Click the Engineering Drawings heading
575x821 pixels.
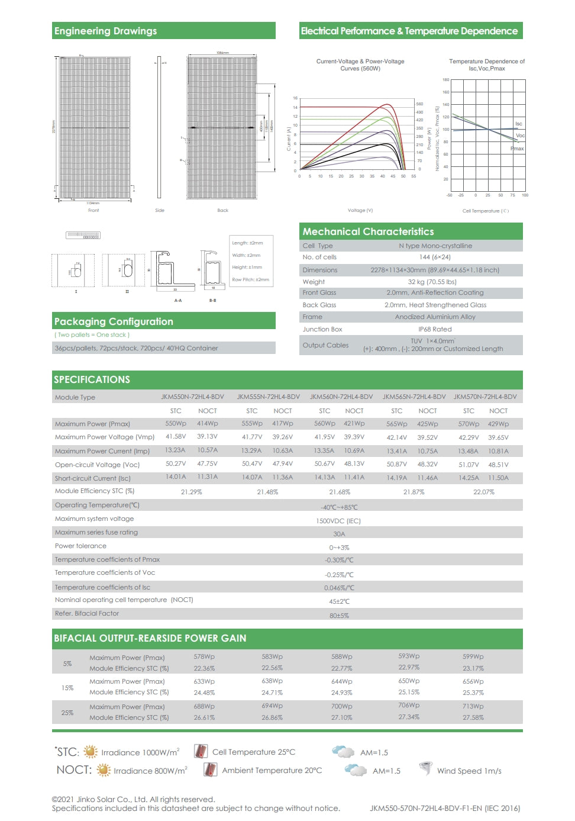click(x=105, y=31)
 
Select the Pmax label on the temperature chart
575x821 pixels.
click(x=517, y=149)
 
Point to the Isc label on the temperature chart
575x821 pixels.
click(x=519, y=124)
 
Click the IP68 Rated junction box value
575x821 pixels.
click(x=435, y=329)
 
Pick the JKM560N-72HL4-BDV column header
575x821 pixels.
click(x=341, y=397)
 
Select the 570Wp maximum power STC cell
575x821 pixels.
click(x=469, y=424)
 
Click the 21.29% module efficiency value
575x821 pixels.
click(x=191, y=492)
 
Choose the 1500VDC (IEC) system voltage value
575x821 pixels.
click(x=338, y=521)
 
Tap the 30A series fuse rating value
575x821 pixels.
click(x=339, y=534)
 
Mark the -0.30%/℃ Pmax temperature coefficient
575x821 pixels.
click(x=339, y=560)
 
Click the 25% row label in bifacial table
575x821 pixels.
click(x=67, y=712)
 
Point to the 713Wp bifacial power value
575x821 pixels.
click(x=473, y=706)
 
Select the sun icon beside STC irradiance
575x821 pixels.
click(x=91, y=752)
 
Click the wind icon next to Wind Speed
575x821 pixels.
click(x=425, y=769)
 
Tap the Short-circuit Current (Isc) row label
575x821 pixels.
click(x=92, y=478)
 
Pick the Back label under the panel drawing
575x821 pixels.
click(x=222, y=210)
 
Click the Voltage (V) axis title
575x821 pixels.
click(x=360, y=210)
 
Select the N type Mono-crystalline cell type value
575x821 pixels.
click(x=435, y=246)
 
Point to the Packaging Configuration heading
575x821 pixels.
click(x=114, y=321)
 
